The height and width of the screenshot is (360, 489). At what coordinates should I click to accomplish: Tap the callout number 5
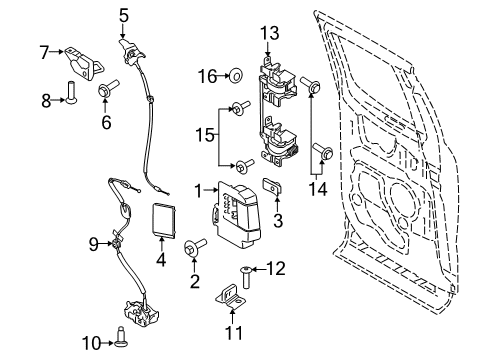(x=124, y=14)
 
